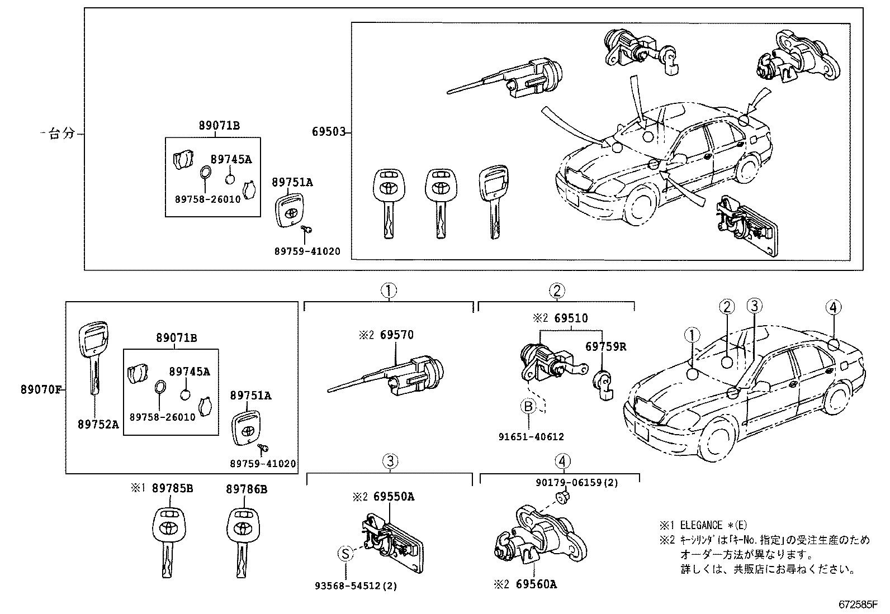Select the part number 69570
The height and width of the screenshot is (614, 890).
[397, 335]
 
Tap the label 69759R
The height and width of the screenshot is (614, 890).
[605, 346]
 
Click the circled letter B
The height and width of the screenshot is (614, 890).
[528, 406]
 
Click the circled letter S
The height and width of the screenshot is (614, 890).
[345, 554]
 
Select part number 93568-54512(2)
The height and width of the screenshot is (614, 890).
[356, 586]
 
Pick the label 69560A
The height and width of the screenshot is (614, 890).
[536, 584]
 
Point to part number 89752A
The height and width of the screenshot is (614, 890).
[98, 424]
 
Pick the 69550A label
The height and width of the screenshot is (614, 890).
[394, 497]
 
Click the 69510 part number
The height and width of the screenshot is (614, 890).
[571, 318]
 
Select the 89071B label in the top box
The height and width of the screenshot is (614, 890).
[219, 126]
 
